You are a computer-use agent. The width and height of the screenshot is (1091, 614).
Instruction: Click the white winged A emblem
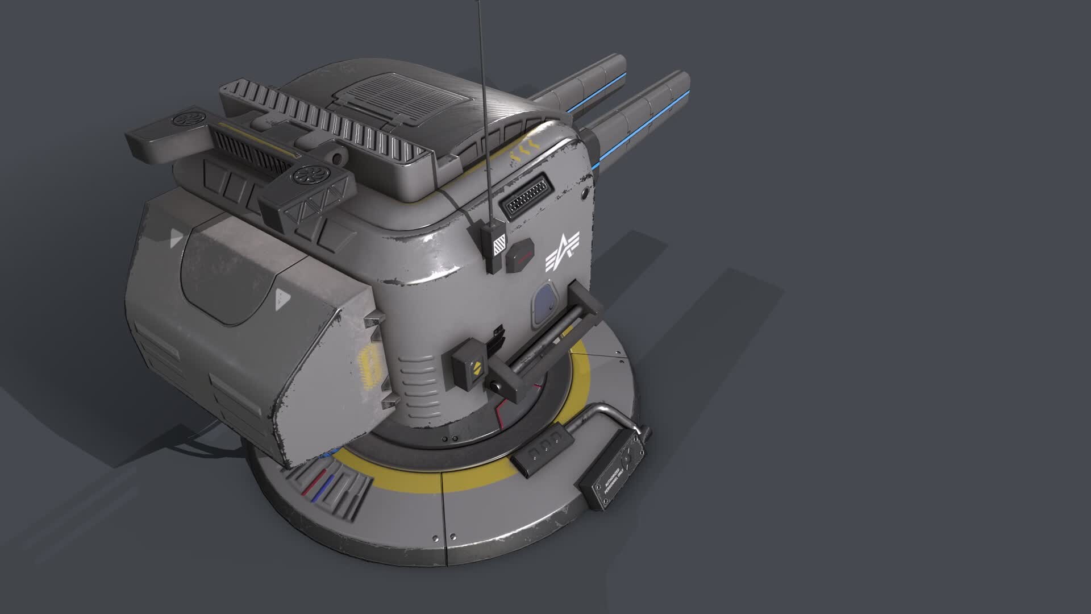(x=562, y=251)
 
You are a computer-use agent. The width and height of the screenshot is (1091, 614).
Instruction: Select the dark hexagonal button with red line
(x=520, y=257)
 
